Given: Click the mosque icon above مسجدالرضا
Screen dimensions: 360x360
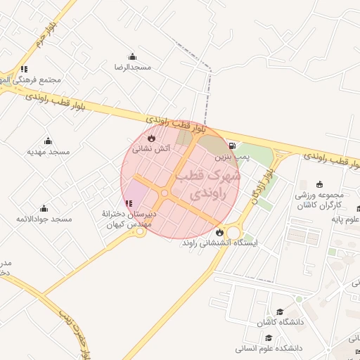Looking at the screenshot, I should coord(131,57).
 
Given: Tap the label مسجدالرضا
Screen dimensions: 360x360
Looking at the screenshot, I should coord(133,67).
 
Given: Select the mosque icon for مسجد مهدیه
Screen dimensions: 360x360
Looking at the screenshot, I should coord(48,141).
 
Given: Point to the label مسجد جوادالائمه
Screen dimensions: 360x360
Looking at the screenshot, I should coord(44,219).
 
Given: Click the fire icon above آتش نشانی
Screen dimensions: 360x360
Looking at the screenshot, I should coord(151,138).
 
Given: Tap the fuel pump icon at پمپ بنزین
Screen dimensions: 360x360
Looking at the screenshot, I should coord(232,147).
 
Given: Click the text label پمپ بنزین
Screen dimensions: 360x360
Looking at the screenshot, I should coord(223,158).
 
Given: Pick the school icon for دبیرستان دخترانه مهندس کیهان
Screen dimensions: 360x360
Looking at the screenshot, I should coord(127,205).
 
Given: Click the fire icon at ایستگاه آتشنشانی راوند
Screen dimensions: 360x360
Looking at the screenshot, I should coord(219,232).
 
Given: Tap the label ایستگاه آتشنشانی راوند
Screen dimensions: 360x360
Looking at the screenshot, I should coord(220,243).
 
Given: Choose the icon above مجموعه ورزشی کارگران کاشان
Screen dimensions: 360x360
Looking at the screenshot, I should coord(319,184).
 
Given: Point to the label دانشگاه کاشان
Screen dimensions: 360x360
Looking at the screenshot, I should coord(278,322).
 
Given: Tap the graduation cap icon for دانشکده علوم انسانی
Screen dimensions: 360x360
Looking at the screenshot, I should coord(269,338).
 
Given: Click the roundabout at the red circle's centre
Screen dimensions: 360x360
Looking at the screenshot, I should coord(165,193).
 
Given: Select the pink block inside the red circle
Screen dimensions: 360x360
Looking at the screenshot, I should coord(136,193).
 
